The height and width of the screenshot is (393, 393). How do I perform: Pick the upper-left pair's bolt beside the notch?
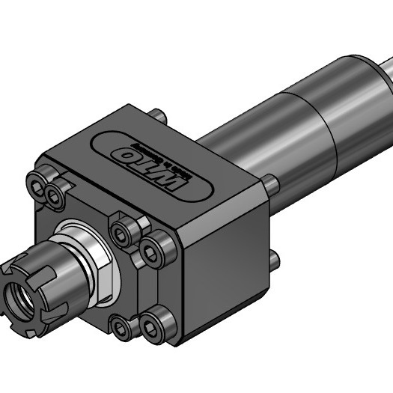(55, 195)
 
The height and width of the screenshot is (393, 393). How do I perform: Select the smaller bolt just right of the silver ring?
(122, 233)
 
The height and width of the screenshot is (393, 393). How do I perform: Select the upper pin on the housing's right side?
(270, 184)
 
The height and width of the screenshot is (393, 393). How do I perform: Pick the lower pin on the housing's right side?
(273, 260)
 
